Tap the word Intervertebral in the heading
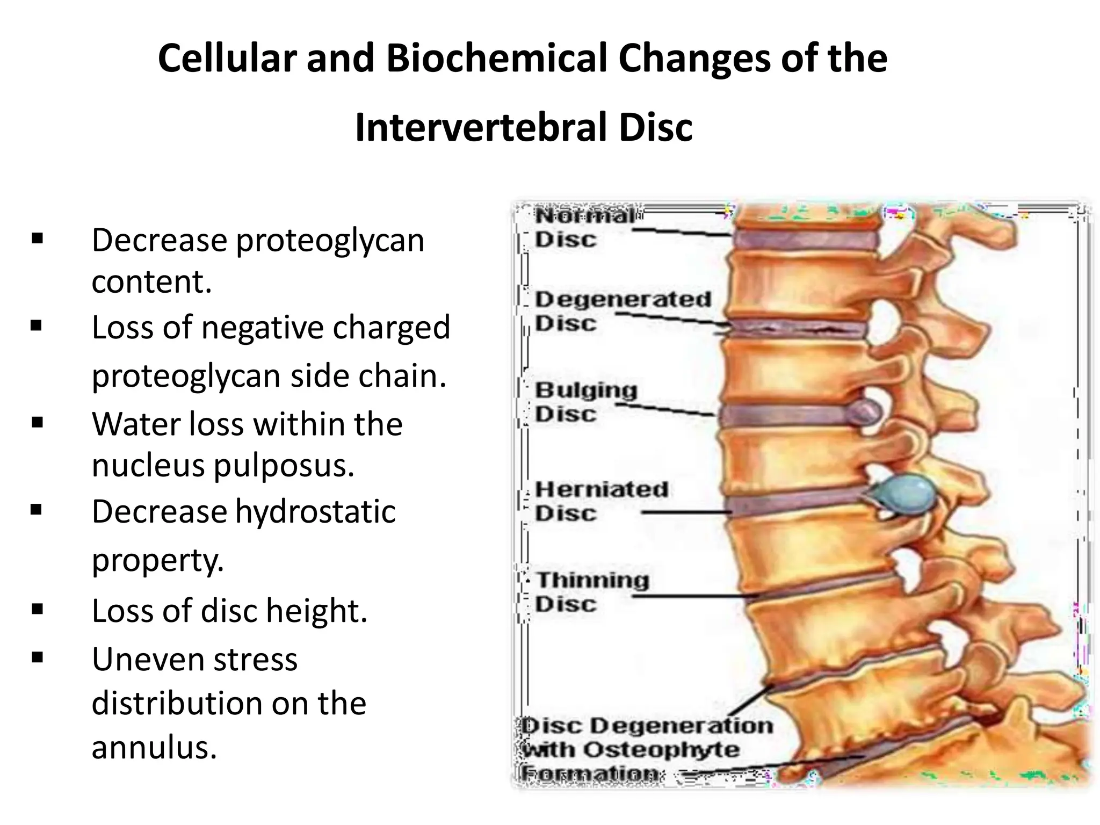click(x=481, y=127)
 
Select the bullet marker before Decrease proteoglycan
click(x=37, y=238)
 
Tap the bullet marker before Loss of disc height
click(x=37, y=609)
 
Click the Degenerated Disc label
click(x=622, y=311)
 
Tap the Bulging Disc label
click(x=585, y=402)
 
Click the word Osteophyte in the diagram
click(x=661, y=750)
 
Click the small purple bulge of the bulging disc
click(x=864, y=412)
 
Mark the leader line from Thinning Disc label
click(x=698, y=597)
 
